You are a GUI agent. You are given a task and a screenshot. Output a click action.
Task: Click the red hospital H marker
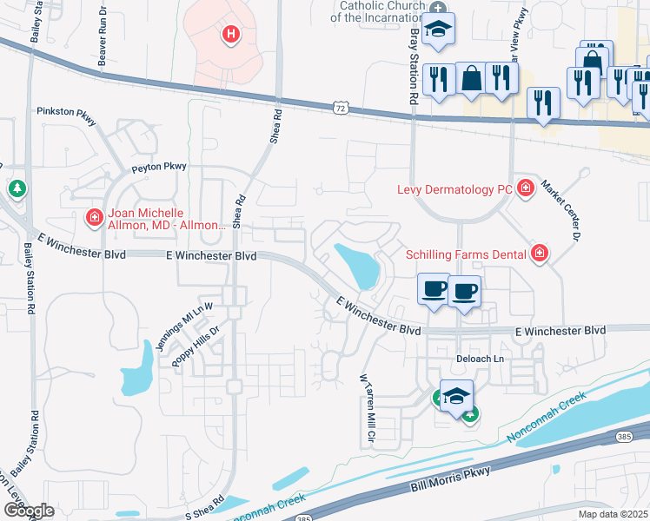pos(230,35)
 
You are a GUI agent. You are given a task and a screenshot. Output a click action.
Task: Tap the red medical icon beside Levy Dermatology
pos(524,188)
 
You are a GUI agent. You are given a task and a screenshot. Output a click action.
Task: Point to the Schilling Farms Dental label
pos(466,254)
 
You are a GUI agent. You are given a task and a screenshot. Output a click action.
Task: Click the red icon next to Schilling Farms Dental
pos(540,253)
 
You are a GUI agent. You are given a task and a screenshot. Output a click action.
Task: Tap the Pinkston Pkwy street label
pos(66,113)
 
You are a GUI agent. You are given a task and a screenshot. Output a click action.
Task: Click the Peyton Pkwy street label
pos(159,166)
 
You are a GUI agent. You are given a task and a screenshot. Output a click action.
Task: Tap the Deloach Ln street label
pos(480,359)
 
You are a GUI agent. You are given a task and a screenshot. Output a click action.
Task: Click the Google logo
pos(28,511)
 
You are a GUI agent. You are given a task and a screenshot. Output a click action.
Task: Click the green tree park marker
pos(16,188)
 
